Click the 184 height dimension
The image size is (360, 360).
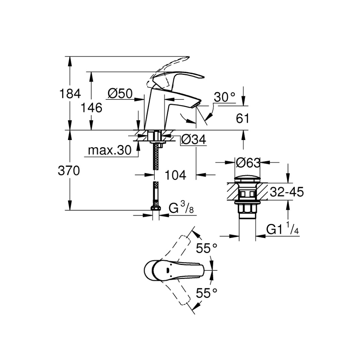tap(70, 94)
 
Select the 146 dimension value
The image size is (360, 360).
tap(91, 108)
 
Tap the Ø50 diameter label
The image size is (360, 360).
tap(120, 94)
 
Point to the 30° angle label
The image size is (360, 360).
tap(225, 97)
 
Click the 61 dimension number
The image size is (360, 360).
tap(242, 118)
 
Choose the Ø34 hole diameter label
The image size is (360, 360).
tap(194, 139)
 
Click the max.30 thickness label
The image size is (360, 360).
tap(110, 150)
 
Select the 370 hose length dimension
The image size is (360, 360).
tap(69, 171)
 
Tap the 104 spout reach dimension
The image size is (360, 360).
tap(176, 175)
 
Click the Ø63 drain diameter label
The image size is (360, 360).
tap(248, 163)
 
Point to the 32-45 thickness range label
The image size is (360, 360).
tap(287, 192)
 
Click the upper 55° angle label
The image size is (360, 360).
tap(207, 248)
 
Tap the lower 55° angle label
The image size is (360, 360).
tap(207, 293)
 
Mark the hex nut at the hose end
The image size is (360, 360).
tap(156, 208)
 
